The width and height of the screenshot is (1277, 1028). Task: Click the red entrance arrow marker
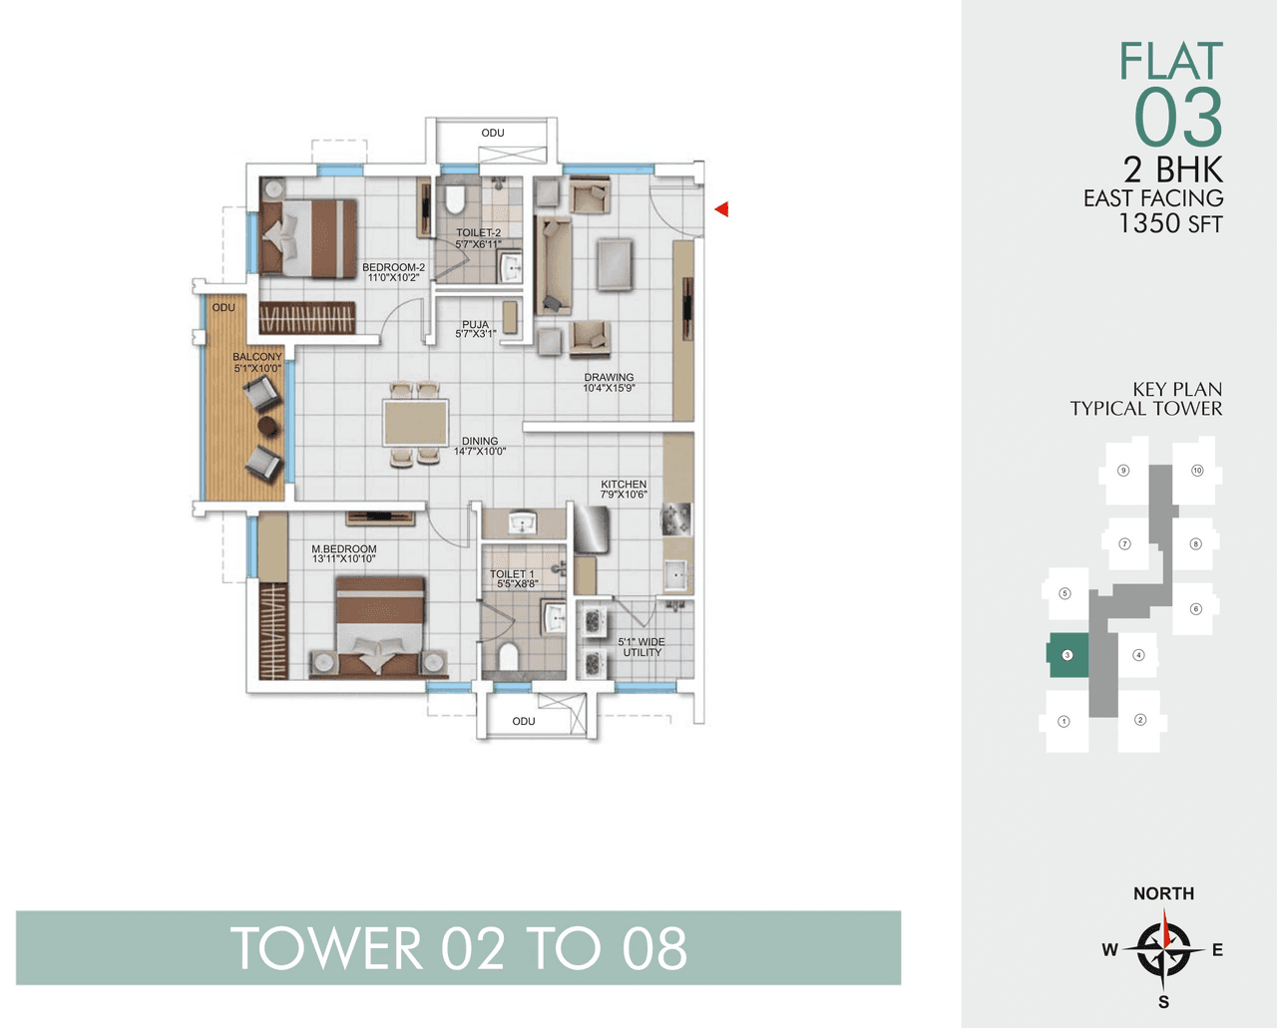click(721, 209)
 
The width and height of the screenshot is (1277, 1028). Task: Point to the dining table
click(416, 422)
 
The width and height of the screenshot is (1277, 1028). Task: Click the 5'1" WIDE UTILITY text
click(641, 647)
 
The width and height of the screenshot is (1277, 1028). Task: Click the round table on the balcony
click(267, 426)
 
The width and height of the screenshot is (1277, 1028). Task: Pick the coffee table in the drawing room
click(615, 264)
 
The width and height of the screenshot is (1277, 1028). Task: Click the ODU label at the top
click(493, 133)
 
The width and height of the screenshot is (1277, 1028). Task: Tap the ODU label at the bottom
click(524, 721)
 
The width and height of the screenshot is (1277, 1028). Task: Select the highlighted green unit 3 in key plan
click(1067, 655)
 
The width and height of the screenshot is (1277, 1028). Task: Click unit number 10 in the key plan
click(1197, 471)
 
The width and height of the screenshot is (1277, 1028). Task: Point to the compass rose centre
click(1163, 949)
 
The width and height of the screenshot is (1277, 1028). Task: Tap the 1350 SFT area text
click(1169, 223)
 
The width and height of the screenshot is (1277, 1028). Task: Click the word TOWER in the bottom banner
click(326, 948)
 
